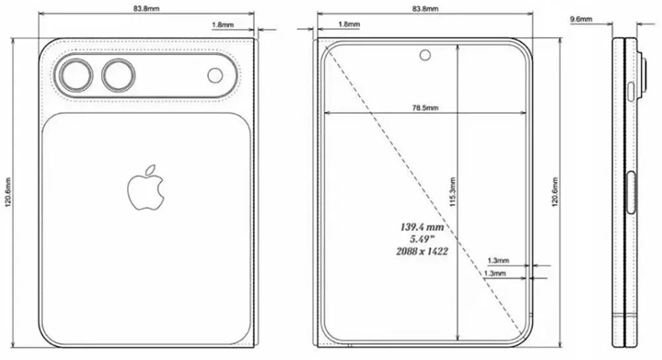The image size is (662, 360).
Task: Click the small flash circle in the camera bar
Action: (215, 76)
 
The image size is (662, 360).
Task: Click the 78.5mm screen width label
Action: (425, 107)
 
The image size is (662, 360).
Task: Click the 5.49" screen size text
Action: (421, 239)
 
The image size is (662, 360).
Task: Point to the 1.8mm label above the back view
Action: (221, 24)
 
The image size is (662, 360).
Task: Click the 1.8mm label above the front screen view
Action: (349, 24)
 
